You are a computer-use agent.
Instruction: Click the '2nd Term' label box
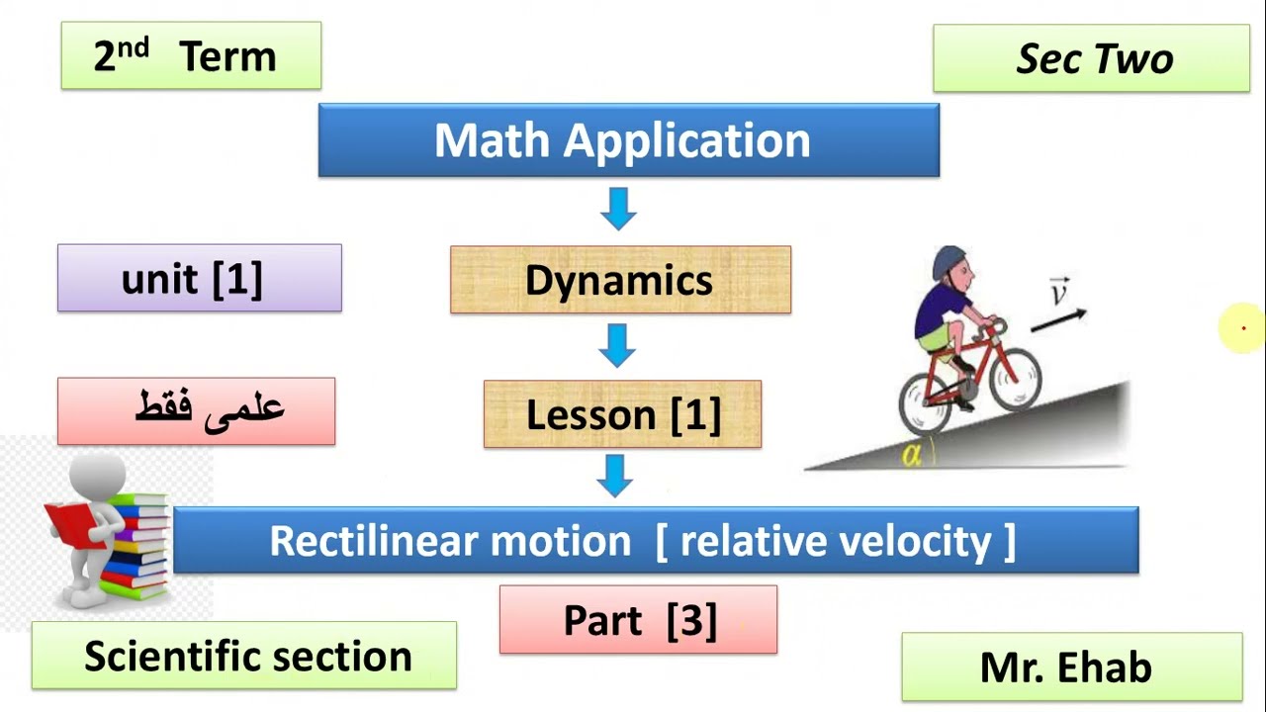pos(191,56)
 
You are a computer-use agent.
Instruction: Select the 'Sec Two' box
pos(1091,59)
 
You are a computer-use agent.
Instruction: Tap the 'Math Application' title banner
pos(628,140)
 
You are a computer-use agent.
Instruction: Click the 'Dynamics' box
pos(620,280)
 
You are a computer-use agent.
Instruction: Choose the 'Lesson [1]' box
pos(622,414)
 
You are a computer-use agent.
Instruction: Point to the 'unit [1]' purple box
pos(199,279)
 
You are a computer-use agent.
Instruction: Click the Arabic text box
pos(196,411)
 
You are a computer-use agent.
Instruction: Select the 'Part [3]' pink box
pos(638,620)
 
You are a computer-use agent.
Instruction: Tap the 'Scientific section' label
pos(244,656)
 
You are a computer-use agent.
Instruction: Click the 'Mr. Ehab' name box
pos(1071,667)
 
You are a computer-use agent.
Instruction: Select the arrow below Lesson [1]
pos(615,476)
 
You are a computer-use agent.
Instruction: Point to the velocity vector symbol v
pos(1059,294)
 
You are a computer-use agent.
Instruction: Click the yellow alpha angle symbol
pos(911,456)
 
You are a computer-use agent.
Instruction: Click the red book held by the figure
pos(68,522)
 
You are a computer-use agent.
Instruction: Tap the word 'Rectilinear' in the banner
pos(371,541)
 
